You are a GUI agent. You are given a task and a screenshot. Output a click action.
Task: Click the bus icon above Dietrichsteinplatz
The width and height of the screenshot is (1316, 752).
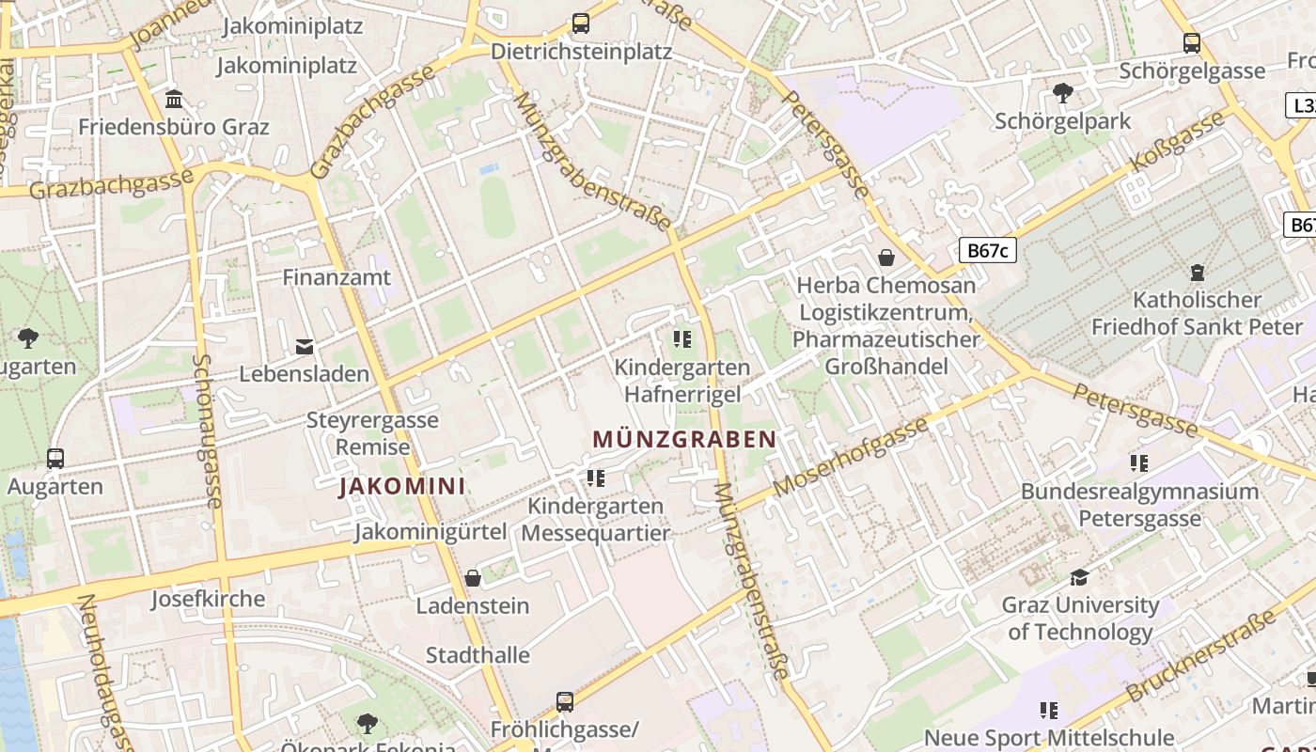(x=581, y=23)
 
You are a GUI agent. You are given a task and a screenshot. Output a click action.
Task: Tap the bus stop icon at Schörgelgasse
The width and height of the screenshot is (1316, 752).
(x=1192, y=42)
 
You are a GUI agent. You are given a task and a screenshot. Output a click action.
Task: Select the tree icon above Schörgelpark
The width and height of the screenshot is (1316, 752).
(x=1063, y=92)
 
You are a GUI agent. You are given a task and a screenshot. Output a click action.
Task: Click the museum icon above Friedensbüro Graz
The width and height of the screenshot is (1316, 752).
(x=174, y=99)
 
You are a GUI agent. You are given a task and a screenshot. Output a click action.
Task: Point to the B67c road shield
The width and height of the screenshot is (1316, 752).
(x=988, y=249)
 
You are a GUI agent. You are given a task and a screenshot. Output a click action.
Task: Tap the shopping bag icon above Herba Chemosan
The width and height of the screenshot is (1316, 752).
(x=885, y=257)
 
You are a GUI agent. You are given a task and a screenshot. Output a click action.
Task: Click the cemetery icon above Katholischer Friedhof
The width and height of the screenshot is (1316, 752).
(x=1198, y=273)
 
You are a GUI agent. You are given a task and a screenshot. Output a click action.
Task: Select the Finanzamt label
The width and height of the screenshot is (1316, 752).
(x=337, y=277)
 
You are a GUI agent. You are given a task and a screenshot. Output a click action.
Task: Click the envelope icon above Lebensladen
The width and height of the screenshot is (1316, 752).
(x=305, y=346)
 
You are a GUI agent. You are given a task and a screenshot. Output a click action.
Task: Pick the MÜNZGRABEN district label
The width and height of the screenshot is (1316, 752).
(x=685, y=439)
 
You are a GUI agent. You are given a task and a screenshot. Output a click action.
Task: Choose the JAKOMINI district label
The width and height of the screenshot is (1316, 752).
(x=402, y=486)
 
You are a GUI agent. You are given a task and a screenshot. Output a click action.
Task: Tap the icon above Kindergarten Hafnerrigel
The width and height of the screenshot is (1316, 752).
(x=682, y=338)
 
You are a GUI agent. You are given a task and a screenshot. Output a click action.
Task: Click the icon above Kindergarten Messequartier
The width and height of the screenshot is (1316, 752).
(x=596, y=478)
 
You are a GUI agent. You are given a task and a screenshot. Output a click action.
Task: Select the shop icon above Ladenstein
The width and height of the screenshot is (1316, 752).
(x=473, y=577)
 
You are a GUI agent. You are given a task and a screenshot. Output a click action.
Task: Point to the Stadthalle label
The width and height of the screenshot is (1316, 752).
(x=478, y=655)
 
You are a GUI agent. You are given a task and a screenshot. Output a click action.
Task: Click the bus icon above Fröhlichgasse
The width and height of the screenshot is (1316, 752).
(x=565, y=700)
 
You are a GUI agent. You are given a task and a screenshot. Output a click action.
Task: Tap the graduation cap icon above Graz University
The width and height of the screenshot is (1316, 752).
(x=1080, y=576)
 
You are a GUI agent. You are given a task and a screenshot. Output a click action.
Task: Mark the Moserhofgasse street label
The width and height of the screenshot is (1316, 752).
(x=851, y=456)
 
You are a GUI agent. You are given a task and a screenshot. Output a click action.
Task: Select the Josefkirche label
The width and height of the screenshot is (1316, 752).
(x=208, y=599)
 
